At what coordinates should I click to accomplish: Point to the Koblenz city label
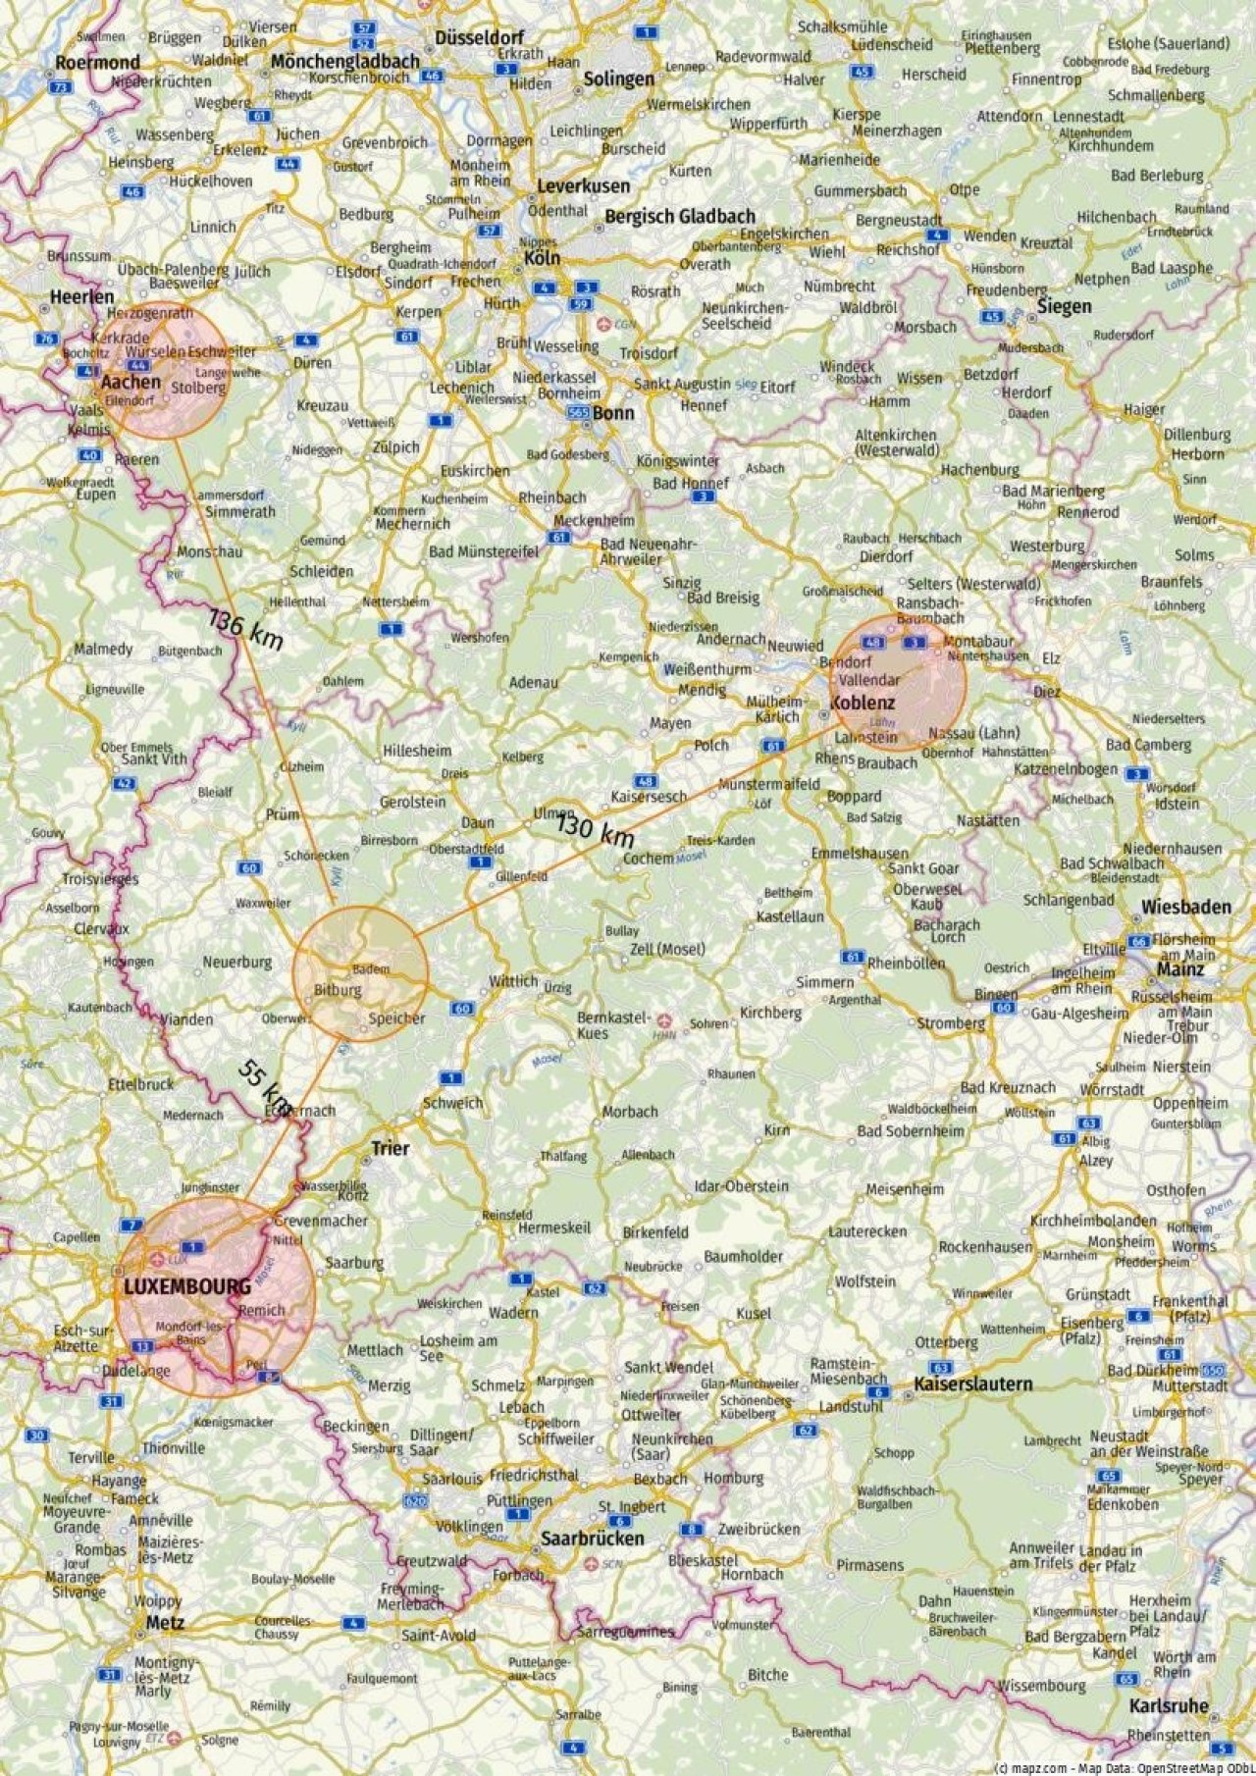tap(863, 703)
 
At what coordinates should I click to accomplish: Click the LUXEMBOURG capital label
tap(174, 1285)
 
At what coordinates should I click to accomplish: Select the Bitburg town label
tap(338, 989)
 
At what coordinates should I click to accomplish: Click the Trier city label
tap(390, 1148)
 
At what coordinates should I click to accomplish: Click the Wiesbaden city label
tap(1185, 907)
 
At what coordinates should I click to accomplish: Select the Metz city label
tap(164, 1623)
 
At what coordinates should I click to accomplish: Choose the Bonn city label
tap(613, 413)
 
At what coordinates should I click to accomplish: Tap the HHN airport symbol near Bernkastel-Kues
tap(666, 1020)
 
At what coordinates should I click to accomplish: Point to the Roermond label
tap(97, 62)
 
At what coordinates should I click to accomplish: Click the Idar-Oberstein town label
tap(741, 1185)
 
